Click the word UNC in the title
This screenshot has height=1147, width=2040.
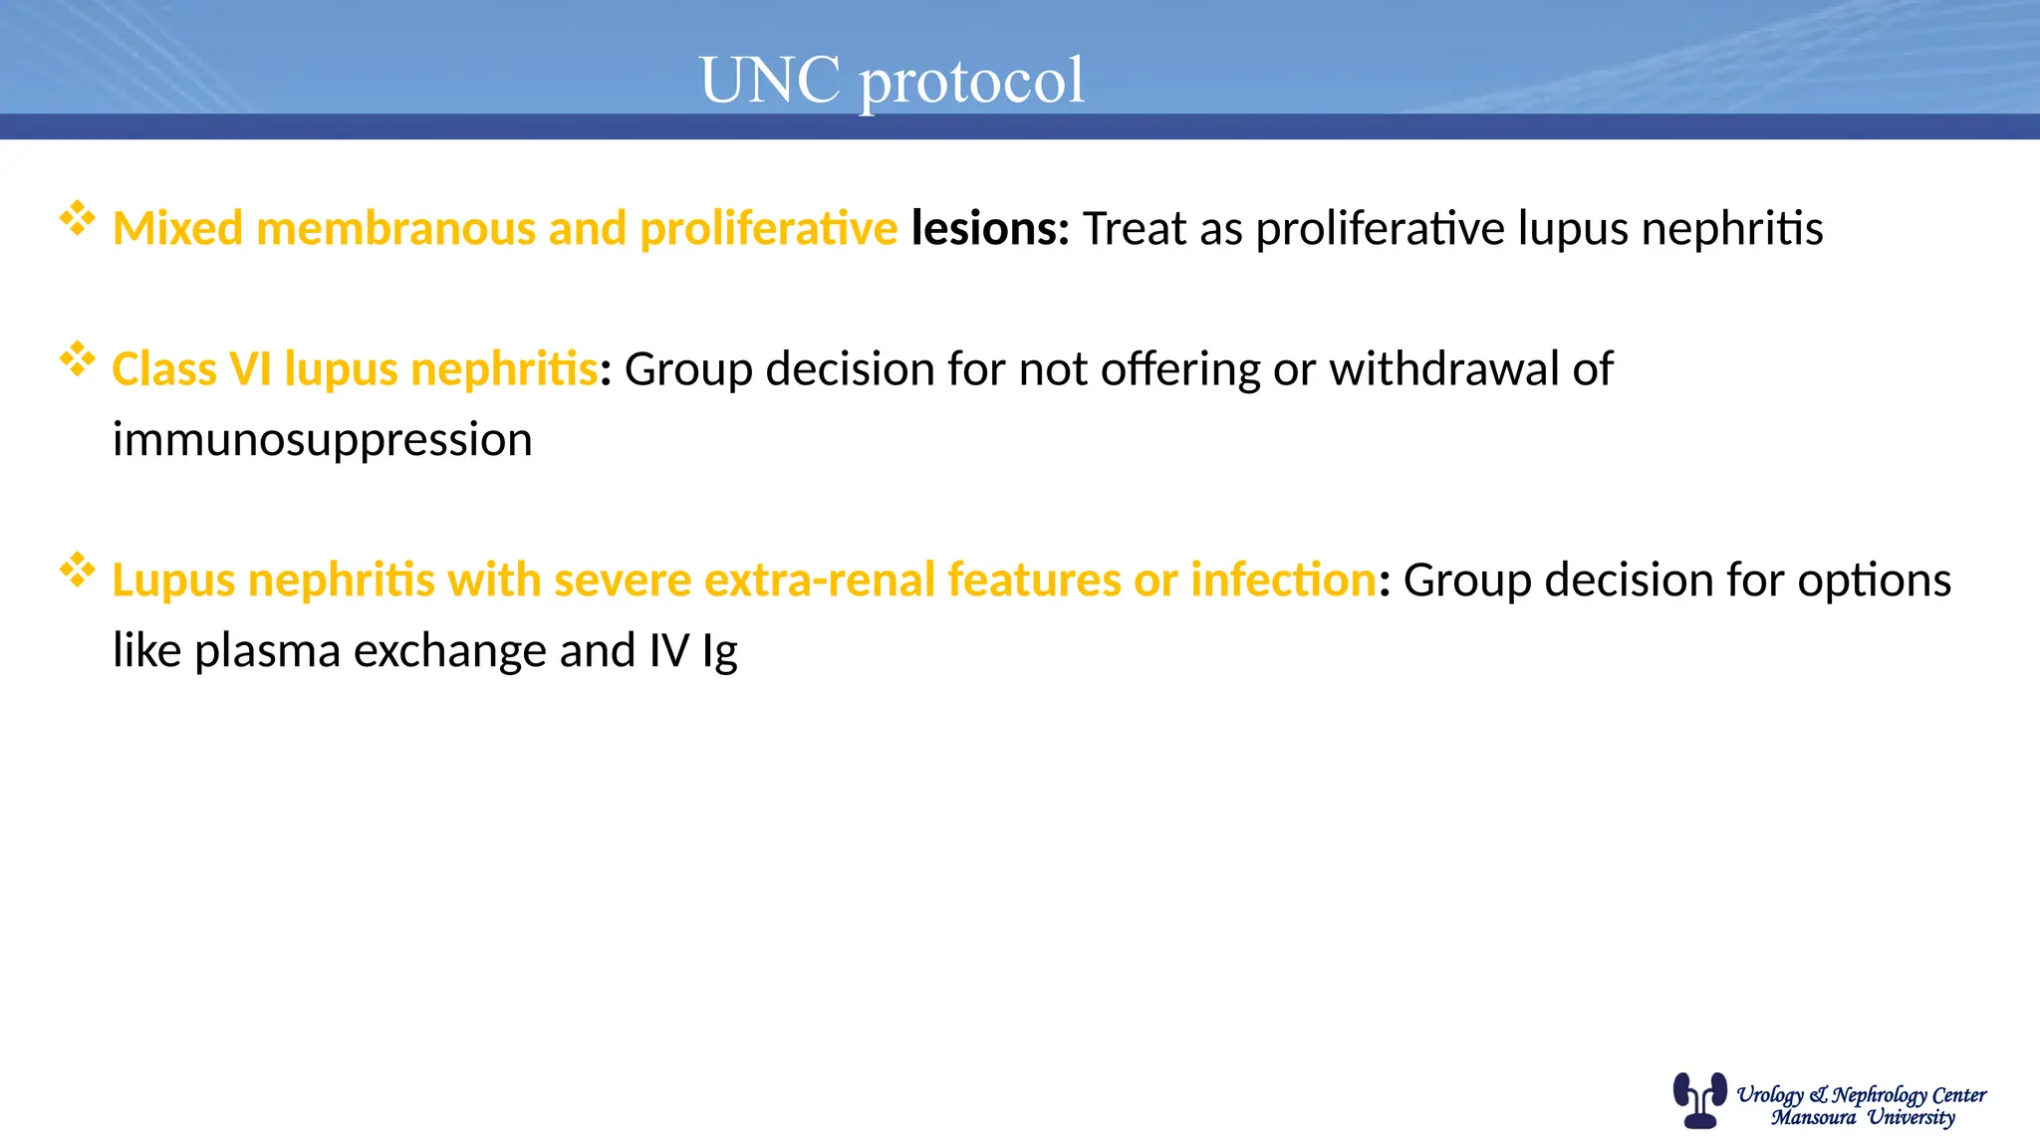[x=770, y=80]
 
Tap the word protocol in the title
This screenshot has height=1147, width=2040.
[x=972, y=82]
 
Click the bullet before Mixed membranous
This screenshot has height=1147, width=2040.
[x=77, y=218]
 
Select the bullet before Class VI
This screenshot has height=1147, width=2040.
[x=77, y=358]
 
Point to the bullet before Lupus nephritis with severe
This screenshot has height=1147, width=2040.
[x=77, y=570]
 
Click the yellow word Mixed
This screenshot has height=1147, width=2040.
[x=177, y=228]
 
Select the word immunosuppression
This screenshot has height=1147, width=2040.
[x=322, y=440]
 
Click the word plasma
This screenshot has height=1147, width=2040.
[x=268, y=651]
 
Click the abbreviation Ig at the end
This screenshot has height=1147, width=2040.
[x=719, y=652]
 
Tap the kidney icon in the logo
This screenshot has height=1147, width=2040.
[x=1699, y=1099]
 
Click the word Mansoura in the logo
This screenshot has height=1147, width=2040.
[x=1813, y=1118]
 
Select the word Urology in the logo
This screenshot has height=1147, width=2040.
[x=1769, y=1095]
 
